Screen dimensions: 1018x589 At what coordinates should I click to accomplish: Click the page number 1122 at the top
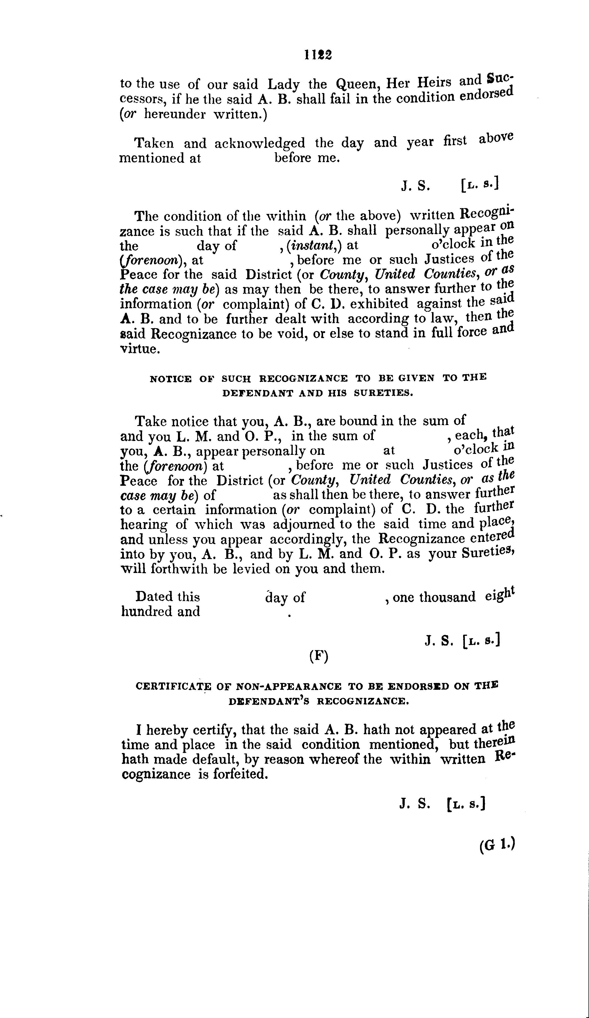(x=318, y=55)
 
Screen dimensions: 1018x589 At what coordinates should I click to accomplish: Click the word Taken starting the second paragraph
(x=154, y=143)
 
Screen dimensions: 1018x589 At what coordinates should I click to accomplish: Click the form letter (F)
(x=319, y=656)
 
